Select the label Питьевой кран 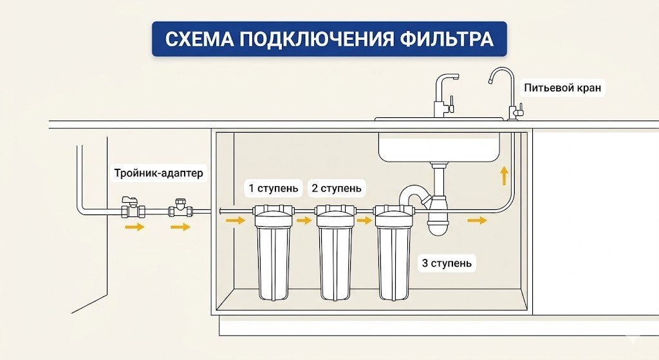pyautogui.click(x=562, y=88)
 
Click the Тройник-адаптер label pyautogui.click(x=158, y=173)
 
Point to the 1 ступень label pyautogui.click(x=274, y=189)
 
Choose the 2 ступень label pyautogui.click(x=336, y=189)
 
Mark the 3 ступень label pyautogui.click(x=447, y=263)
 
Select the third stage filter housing pyautogui.click(x=393, y=258)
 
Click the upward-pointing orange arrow pyautogui.click(x=504, y=176)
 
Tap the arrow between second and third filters pyautogui.click(x=364, y=221)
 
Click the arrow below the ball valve pyautogui.click(x=134, y=227)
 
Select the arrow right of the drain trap pyautogui.click(x=477, y=221)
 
